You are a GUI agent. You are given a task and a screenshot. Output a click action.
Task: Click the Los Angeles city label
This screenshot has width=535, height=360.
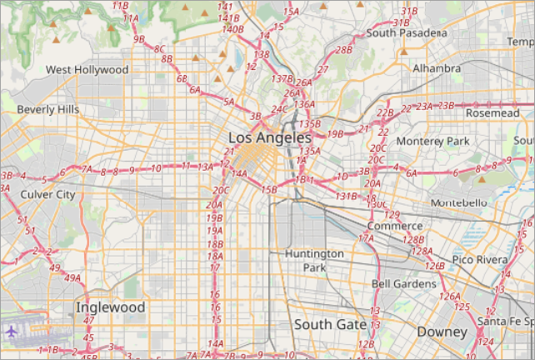pyautogui.click(x=269, y=137)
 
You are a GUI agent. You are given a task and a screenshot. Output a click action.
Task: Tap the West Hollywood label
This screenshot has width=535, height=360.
pyautogui.click(x=87, y=70)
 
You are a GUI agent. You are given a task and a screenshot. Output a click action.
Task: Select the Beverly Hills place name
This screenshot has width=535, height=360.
pyautogui.click(x=48, y=109)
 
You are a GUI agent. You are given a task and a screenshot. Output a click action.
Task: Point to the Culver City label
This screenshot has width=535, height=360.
pyautogui.click(x=47, y=194)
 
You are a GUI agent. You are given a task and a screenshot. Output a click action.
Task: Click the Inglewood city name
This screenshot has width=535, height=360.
pyautogui.click(x=110, y=307)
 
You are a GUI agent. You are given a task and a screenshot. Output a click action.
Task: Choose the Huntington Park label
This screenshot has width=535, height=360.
pyautogui.click(x=313, y=260)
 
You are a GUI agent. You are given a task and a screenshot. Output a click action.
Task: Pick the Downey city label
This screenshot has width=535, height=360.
pyautogui.click(x=442, y=332)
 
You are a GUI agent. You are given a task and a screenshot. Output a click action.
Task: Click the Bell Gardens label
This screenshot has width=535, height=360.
pyautogui.click(x=403, y=284)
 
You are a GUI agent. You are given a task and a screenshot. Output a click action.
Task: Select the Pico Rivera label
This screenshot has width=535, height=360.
pyautogui.click(x=480, y=260)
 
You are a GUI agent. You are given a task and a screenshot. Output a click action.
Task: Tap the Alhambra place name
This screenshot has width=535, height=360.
pyautogui.click(x=437, y=67)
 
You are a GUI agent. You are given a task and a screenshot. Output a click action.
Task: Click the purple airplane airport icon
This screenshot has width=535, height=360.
pyautogui.click(x=12, y=332)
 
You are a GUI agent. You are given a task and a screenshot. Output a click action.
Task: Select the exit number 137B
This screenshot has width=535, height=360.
pyautogui.click(x=282, y=78)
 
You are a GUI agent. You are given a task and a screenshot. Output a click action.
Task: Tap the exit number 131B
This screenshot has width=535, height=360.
pyautogui.click(x=347, y=197)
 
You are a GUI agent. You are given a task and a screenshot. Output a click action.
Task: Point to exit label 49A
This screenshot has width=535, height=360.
pyautogui.click(x=73, y=278)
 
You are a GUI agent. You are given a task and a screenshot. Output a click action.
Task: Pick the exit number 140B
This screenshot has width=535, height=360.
pyautogui.click(x=232, y=29)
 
